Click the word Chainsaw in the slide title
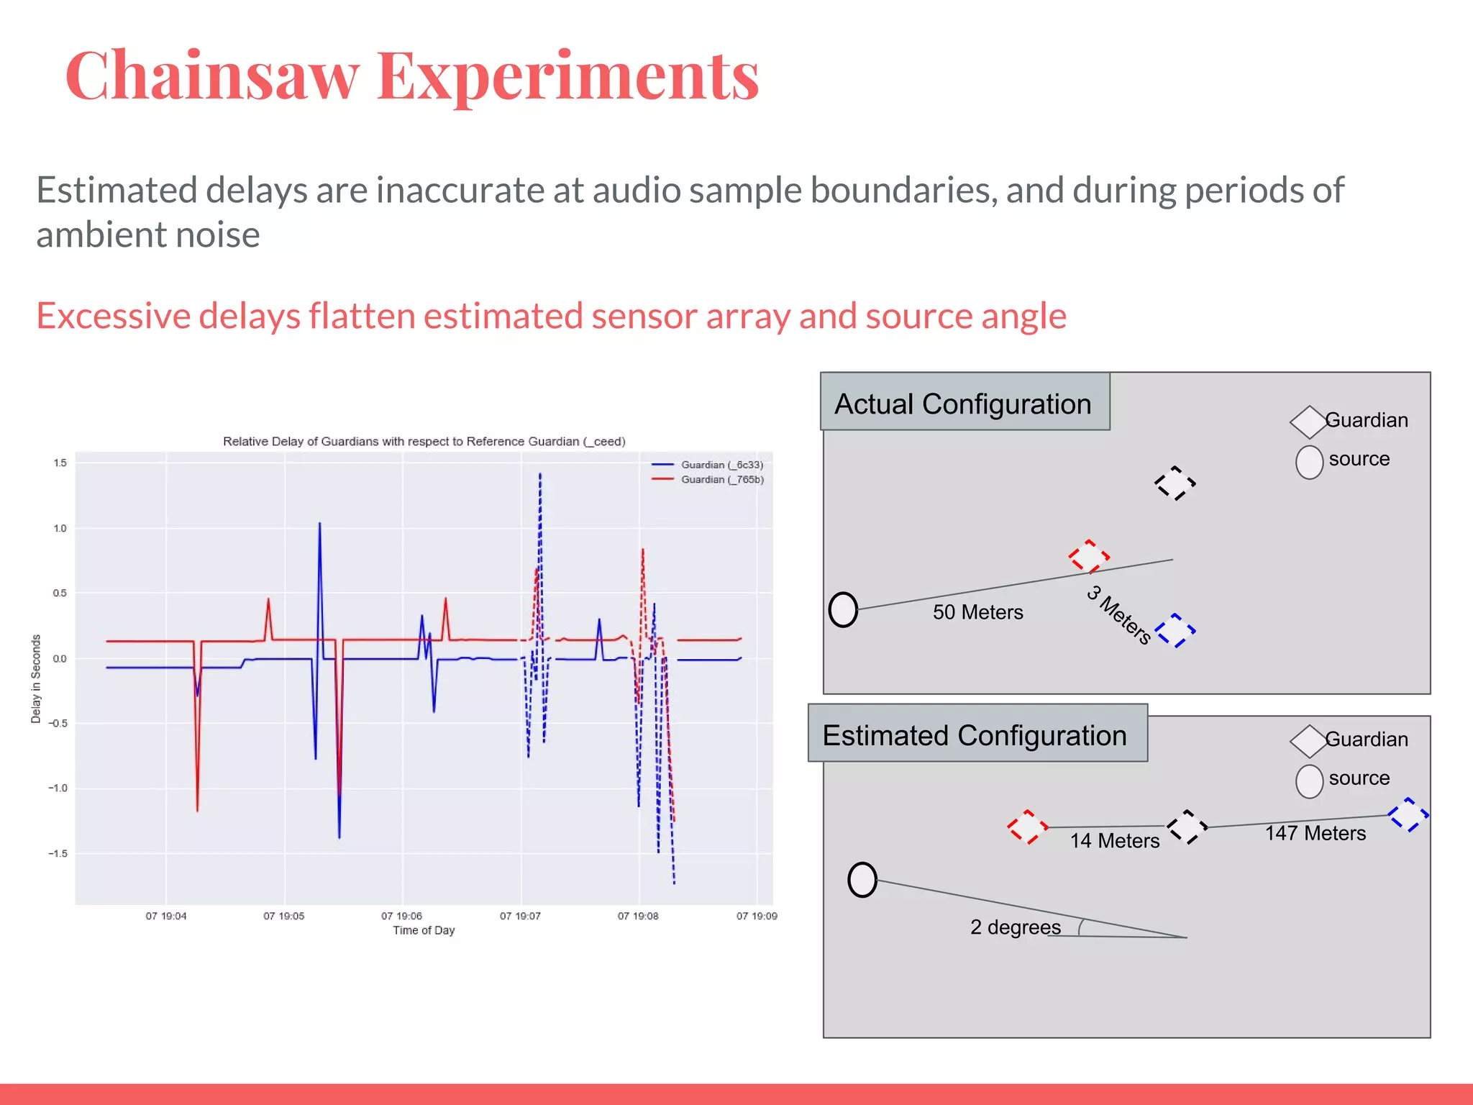point(212,76)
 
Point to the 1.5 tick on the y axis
point(60,463)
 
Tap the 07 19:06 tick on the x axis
point(401,916)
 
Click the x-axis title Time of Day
point(424,930)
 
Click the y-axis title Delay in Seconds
point(36,678)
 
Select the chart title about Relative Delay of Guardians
point(424,441)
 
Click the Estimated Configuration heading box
point(976,735)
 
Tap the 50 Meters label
point(977,612)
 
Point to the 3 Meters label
point(1119,614)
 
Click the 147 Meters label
point(1315,833)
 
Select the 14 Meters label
point(1114,840)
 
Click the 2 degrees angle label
point(1015,927)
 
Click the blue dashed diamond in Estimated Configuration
point(1408,815)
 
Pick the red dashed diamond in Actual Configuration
point(1089,557)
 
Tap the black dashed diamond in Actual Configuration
point(1175,483)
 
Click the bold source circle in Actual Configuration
point(843,609)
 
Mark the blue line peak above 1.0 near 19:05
point(319,524)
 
